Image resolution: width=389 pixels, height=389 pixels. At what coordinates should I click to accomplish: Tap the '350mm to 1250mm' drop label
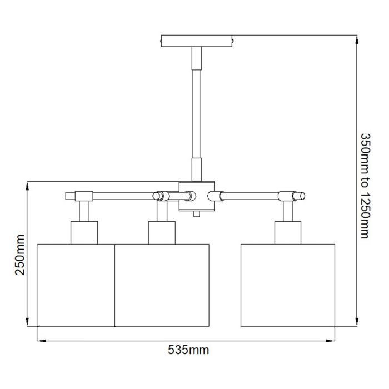365,186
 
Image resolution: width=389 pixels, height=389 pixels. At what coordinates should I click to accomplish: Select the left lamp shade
76,285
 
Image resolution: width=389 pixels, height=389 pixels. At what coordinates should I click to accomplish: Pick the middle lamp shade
161,285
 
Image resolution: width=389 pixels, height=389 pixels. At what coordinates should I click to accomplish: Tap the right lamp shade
288,285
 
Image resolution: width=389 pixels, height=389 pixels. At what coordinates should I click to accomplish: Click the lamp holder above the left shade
84,232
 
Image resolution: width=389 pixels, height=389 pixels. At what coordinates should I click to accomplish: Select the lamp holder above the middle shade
161,232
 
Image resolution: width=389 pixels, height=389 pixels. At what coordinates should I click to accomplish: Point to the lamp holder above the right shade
288,232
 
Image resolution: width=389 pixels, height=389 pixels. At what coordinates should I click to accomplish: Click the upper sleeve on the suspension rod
197,57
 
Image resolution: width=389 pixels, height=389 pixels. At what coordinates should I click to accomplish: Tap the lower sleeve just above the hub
197,169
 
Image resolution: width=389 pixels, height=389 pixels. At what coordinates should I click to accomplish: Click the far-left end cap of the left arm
69,196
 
